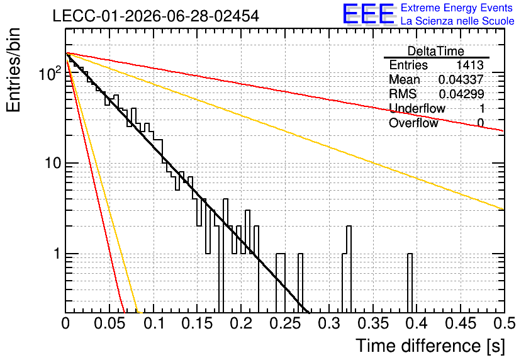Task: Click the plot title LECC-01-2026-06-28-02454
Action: [x=156, y=16]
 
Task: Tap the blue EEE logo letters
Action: [x=369, y=14]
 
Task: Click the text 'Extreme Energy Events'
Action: [x=457, y=8]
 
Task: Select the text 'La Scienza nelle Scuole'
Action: [x=457, y=21]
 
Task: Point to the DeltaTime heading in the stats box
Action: [x=436, y=51]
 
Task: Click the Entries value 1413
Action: [x=469, y=65]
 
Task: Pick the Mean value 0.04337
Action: [x=461, y=79]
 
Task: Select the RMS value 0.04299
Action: [x=461, y=94]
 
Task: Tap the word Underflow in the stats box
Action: [x=417, y=108]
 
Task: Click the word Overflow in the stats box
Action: [x=413, y=123]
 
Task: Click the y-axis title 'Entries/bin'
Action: [x=13, y=70]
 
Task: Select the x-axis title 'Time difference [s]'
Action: [x=430, y=346]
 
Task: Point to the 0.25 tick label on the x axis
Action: [x=286, y=323]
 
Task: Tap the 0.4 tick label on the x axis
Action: [x=417, y=323]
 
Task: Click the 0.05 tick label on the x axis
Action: [x=109, y=323]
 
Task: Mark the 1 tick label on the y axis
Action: [x=57, y=254]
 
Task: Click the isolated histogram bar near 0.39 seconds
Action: [x=410, y=283]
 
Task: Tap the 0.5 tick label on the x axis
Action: [x=504, y=323]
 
